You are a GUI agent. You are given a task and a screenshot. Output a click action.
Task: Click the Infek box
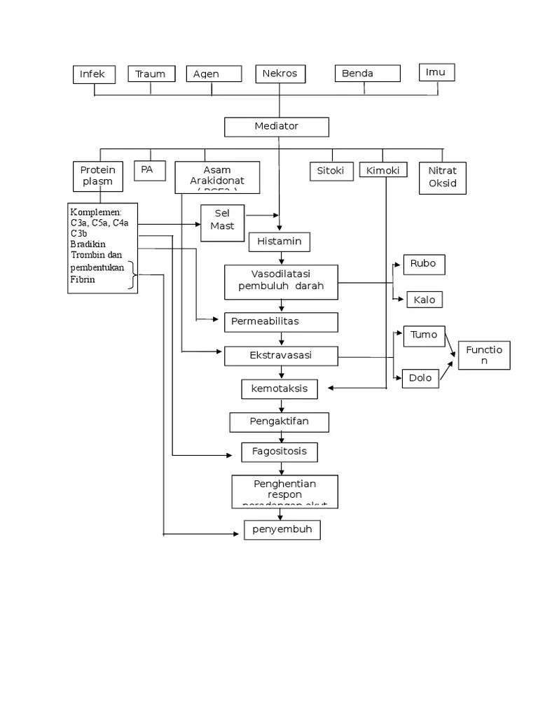pos(94,74)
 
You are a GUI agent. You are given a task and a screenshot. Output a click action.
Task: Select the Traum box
pos(151,74)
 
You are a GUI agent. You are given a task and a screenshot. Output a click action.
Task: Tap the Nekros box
pos(280,74)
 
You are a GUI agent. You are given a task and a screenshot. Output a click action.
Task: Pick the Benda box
pos(367,74)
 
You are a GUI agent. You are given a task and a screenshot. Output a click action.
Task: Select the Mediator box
pos(276,127)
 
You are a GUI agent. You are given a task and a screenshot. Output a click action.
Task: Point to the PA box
pos(149,170)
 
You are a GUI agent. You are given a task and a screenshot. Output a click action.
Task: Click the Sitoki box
pos(331,170)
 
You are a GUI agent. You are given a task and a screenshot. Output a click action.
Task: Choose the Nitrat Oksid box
pos(442,177)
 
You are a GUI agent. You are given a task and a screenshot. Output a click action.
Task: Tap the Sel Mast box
pos(222,223)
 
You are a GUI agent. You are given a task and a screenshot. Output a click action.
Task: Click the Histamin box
pos(279,242)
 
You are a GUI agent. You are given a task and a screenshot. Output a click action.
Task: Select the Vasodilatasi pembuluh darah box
pos(281,281)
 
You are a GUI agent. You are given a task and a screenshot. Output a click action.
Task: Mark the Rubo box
pos(424,264)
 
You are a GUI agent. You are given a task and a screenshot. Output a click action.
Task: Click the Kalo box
pos(425,300)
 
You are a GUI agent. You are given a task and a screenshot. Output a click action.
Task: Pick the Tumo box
pos(424,335)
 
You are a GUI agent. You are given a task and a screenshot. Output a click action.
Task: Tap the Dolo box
pos(421,379)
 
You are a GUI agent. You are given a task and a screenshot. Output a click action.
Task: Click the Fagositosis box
pos(279,452)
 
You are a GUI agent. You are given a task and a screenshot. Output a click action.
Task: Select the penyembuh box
pos(282,530)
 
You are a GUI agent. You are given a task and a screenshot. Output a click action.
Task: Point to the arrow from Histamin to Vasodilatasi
pos(282,258)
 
